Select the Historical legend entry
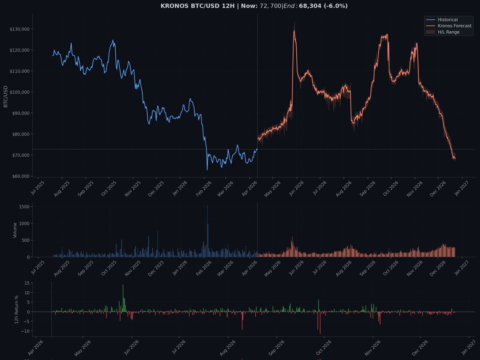click(448, 20)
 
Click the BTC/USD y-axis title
click(6, 96)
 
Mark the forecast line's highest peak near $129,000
click(294, 30)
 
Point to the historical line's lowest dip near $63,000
click(207, 170)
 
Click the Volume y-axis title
click(15, 230)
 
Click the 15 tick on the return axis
click(27, 283)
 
